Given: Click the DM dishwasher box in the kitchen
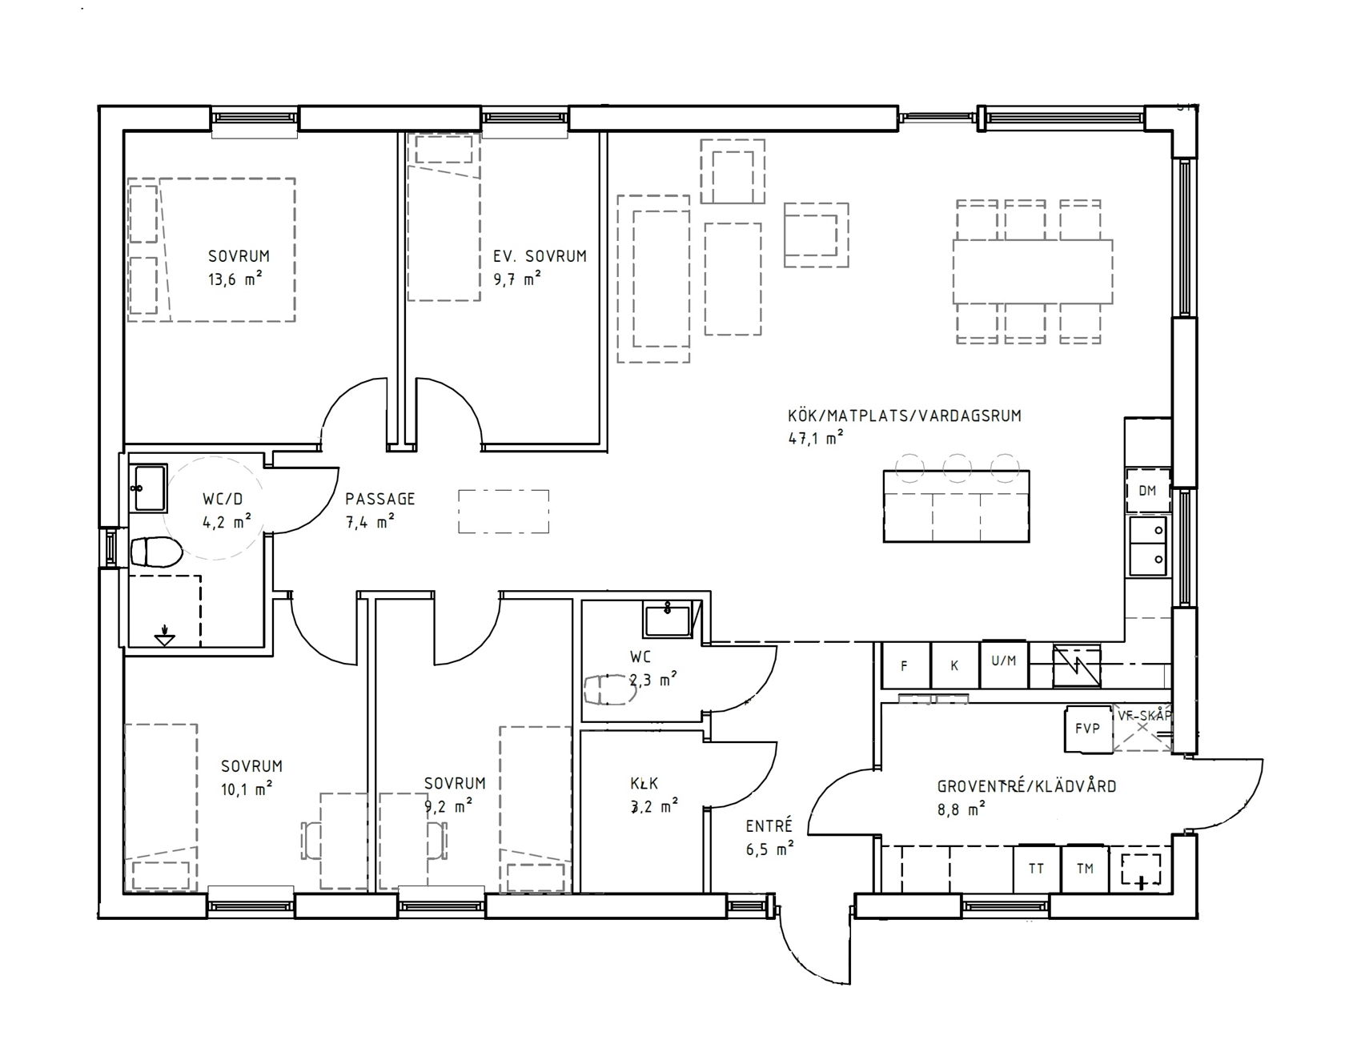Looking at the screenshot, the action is [1147, 491].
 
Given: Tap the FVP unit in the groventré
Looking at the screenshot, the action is [1088, 729].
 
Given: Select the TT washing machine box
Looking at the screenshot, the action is [1036, 869].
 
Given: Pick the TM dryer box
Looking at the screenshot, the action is [1085, 869].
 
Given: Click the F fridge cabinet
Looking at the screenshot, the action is [905, 665].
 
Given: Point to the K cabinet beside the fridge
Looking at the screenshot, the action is [955, 665].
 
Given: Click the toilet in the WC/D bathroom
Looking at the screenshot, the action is [155, 552].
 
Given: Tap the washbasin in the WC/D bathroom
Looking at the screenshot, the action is [150, 488].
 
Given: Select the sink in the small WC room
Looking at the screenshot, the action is [666, 621].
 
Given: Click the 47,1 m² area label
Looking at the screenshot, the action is [816, 438].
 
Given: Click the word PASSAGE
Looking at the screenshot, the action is [380, 499].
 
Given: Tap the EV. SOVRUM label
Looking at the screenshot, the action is [540, 256].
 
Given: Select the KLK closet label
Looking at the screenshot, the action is [644, 785].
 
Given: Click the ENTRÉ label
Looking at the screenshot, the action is [769, 825].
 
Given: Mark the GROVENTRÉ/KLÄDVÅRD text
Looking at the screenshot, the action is [1026, 786].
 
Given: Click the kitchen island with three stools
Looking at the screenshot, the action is [956, 506].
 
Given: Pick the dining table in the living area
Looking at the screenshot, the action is [1033, 271].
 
